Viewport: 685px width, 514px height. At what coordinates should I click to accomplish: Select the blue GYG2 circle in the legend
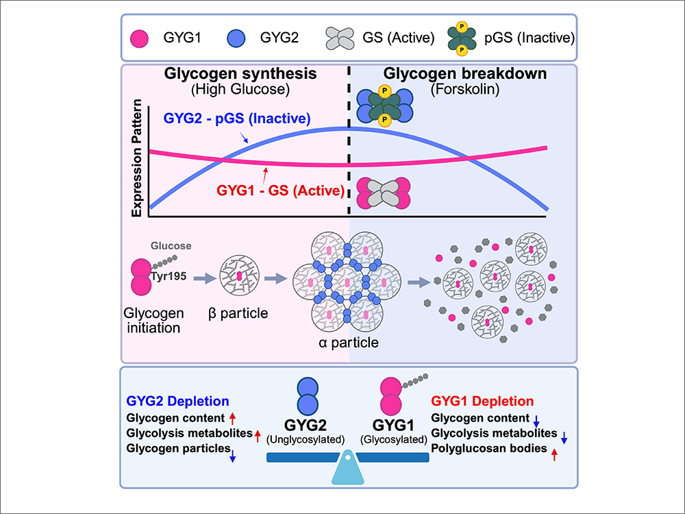point(236,36)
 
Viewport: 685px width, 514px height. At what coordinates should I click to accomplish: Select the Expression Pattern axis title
point(138,159)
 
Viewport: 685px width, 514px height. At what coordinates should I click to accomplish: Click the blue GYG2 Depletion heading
point(177,402)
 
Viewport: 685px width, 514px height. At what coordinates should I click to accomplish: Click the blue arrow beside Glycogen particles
point(232,453)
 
